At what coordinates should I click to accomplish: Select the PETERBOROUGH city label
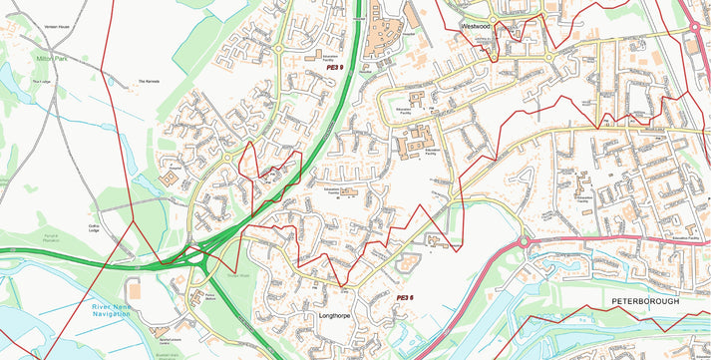pyautogui.click(x=645, y=300)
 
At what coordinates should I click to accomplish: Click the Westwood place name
pyautogui.click(x=475, y=25)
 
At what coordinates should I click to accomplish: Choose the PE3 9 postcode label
pyautogui.click(x=334, y=69)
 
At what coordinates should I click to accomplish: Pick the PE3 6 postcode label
pyautogui.click(x=404, y=297)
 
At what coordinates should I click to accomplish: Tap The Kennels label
pyautogui.click(x=149, y=82)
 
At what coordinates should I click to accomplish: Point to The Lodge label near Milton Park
pyautogui.click(x=41, y=82)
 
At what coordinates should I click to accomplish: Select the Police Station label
pyautogui.click(x=209, y=296)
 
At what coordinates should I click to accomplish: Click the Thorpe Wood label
pyautogui.click(x=237, y=275)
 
